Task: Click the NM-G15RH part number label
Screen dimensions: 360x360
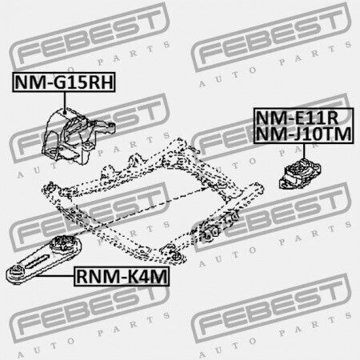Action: pyautogui.click(x=64, y=82)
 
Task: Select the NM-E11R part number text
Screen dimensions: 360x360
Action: pyautogui.click(x=297, y=118)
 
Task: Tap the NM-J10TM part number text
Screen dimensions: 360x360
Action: pyautogui.click(x=303, y=134)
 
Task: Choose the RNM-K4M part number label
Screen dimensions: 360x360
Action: pyautogui.click(x=122, y=276)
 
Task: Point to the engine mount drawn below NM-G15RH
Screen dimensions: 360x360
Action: pyautogui.click(x=78, y=136)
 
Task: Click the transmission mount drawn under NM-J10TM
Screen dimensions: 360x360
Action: pyautogui.click(x=300, y=174)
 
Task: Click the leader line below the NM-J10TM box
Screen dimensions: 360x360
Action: pyautogui.click(x=304, y=151)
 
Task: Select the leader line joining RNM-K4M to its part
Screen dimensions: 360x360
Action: pyautogui.click(x=54, y=276)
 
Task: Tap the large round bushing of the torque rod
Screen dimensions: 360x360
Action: pyautogui.click(x=63, y=245)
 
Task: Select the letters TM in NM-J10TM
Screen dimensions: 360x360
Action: pyautogui.click(x=339, y=134)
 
